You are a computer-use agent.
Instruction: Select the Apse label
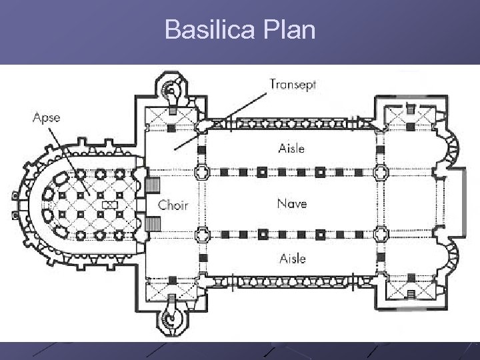click(46, 118)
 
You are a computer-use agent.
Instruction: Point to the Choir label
click(173, 205)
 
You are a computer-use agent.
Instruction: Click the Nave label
click(292, 203)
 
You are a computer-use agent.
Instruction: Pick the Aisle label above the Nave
click(291, 148)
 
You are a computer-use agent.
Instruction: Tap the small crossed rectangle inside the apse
click(110, 203)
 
